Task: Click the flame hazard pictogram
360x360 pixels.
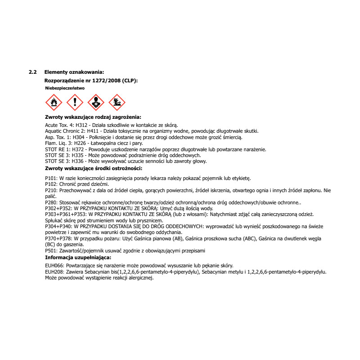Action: click(54, 103)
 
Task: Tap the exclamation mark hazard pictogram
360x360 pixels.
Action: click(75, 103)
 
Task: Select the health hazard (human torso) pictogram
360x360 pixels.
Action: click(96, 103)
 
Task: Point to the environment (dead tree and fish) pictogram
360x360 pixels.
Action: click(117, 103)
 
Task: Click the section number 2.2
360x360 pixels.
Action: click(32, 72)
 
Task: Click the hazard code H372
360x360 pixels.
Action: click(81, 149)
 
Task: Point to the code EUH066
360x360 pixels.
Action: click(54, 266)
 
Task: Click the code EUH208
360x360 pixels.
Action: click(54, 272)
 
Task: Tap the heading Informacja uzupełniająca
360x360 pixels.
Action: click(78, 257)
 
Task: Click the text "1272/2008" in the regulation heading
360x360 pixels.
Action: click(104, 80)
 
